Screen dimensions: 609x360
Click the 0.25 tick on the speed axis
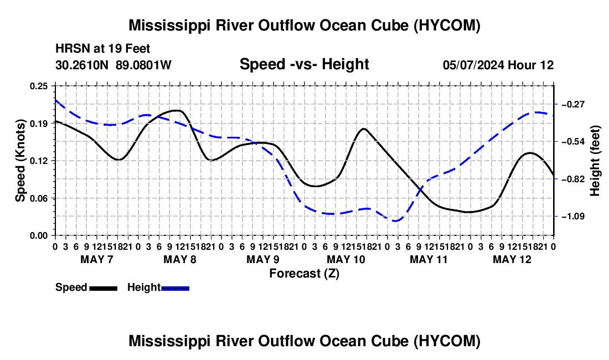click(39, 86)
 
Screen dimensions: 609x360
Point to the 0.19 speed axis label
click(39, 124)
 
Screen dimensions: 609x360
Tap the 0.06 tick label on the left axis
click(39, 198)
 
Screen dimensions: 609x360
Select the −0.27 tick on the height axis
click(573, 104)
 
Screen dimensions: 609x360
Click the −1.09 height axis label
click(573, 217)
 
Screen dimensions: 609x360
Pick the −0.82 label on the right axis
click(573, 179)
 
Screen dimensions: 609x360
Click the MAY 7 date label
click(97, 259)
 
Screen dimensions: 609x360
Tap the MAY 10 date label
click(346, 259)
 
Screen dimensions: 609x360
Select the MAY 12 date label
click(512, 259)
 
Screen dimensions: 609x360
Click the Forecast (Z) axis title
click(304, 274)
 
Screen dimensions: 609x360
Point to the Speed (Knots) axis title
click(20, 161)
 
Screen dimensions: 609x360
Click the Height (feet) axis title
click(595, 161)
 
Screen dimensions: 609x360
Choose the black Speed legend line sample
click(104, 289)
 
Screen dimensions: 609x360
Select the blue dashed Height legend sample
click(175, 289)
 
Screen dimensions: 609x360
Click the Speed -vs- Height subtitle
click(304, 64)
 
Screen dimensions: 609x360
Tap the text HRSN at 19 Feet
click(103, 49)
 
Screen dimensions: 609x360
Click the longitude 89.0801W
click(144, 65)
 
